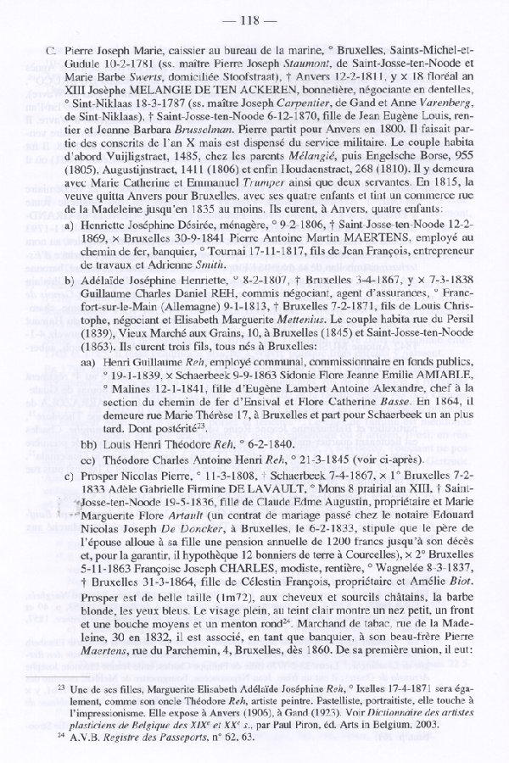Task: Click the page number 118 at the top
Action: (255, 19)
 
